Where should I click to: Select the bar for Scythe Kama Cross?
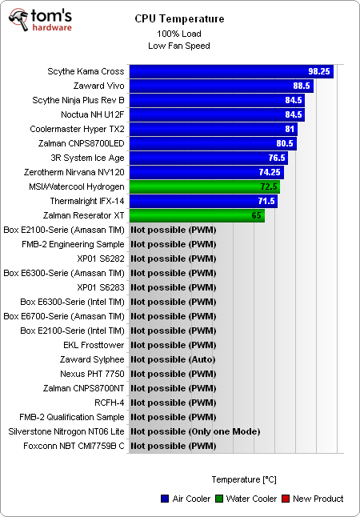point(230,71)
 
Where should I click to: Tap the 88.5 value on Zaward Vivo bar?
point(301,86)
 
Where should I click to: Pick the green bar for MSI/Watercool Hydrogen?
point(204,186)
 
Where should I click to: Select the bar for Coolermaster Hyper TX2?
point(213,129)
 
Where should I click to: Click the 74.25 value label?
point(270,172)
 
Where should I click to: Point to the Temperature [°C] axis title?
point(244,479)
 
